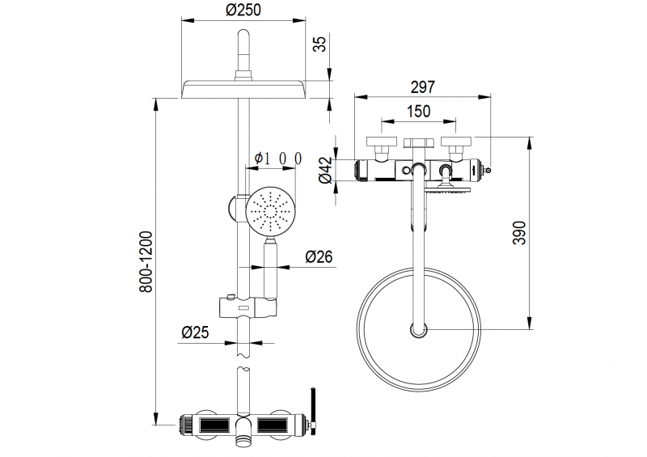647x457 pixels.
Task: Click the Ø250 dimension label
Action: [x=243, y=10]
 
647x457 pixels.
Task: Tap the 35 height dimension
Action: [x=319, y=44]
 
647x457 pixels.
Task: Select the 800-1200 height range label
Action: [x=146, y=262]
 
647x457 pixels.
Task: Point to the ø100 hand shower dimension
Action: [x=278, y=158]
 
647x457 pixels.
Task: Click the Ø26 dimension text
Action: [x=319, y=256]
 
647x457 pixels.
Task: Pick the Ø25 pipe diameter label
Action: [x=195, y=332]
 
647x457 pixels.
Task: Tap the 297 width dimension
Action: [x=422, y=87]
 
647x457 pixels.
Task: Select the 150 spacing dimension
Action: [x=418, y=112]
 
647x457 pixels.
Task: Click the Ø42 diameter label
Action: [x=326, y=170]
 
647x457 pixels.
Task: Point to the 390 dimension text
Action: [x=519, y=233]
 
